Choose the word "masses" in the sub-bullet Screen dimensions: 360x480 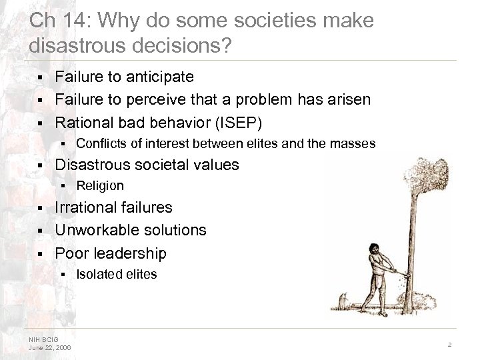(355, 143)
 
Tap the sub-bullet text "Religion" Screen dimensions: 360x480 (100, 185)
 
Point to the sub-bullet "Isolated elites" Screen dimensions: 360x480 (117, 274)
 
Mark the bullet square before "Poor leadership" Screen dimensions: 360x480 (41, 254)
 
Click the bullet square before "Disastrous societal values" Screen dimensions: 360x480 (41, 165)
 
